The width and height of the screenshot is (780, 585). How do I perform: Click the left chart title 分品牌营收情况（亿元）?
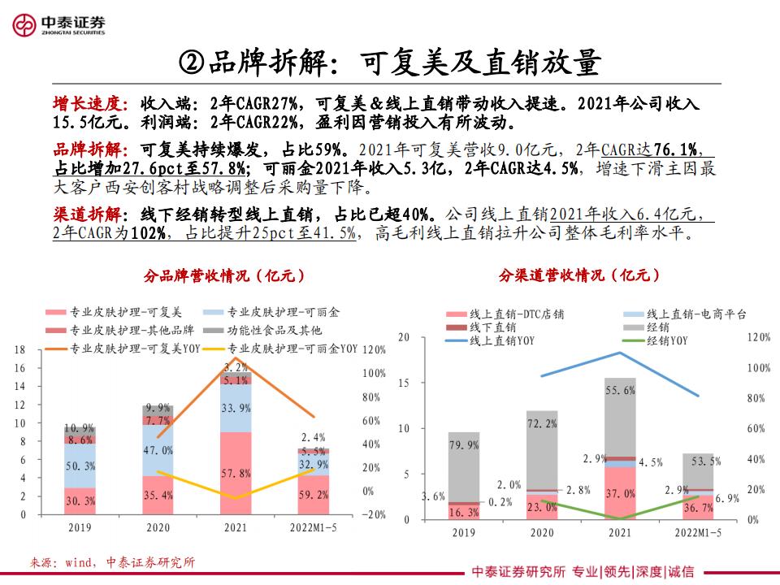(224, 275)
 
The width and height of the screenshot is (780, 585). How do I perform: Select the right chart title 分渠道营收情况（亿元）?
(579, 275)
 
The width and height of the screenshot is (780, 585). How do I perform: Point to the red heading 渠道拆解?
(86, 214)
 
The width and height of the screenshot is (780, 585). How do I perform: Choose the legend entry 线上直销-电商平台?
(696, 314)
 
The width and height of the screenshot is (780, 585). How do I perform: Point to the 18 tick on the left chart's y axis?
(20, 349)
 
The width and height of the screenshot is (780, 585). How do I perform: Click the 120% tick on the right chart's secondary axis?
(758, 336)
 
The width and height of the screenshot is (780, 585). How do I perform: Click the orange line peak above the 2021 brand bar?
(236, 357)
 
